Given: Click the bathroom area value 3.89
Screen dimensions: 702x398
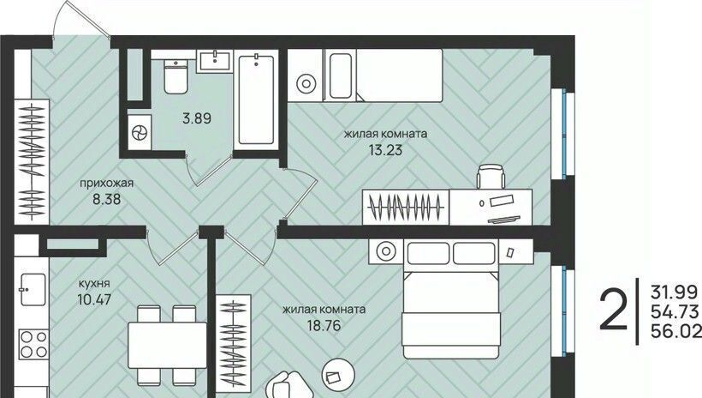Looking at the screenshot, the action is click(x=197, y=118).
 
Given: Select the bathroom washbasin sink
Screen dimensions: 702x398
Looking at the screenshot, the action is click(x=215, y=61).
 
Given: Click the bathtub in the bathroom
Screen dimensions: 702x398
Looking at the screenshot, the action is click(x=256, y=99).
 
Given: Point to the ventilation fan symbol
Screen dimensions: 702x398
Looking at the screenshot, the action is click(x=139, y=132).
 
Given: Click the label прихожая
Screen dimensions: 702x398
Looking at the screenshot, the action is click(x=106, y=183).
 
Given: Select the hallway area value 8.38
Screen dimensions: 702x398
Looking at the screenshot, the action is click(x=106, y=199).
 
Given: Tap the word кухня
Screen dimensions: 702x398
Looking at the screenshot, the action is click(x=94, y=284).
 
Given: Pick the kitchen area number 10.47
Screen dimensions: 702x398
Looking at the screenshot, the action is click(x=94, y=298).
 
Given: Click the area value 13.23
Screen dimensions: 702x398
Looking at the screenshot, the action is click(x=385, y=150).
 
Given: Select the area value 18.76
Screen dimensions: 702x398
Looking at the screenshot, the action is click(x=324, y=325).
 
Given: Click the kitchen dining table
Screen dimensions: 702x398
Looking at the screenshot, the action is click(x=168, y=345).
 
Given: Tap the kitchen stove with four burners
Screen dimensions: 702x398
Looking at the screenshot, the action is click(x=33, y=344).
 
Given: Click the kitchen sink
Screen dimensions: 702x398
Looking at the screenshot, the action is click(x=33, y=290).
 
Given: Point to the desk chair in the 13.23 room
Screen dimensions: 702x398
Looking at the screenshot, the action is click(x=491, y=177).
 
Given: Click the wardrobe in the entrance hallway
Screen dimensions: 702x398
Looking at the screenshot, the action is click(x=32, y=161).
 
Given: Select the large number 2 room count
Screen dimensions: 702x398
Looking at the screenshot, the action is click(x=613, y=310).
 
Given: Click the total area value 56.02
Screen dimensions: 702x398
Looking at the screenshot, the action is click(x=675, y=331).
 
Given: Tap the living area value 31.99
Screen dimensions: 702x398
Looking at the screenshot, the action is click(x=675, y=292).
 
